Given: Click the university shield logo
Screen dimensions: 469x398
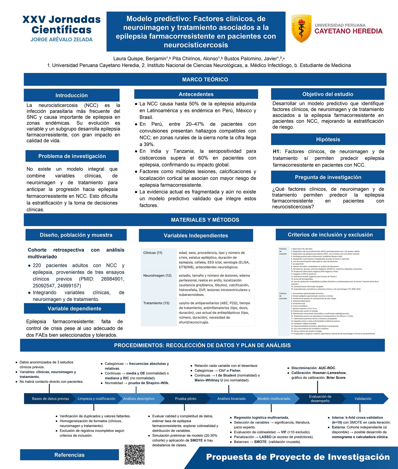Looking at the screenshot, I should pyautogui.click(x=301, y=28).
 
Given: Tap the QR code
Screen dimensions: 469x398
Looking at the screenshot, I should pyautogui.click(x=135, y=455).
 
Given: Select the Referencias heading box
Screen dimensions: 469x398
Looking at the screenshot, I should pyautogui.click(x=69, y=455).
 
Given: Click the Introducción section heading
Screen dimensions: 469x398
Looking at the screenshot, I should pyautogui.click(x=71, y=95).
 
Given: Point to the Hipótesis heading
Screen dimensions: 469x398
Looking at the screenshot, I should pyautogui.click(x=328, y=139).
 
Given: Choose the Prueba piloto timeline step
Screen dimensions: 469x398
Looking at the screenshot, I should pyautogui.click(x=185, y=399).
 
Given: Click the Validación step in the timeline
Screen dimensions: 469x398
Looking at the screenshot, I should pyautogui.click(x=363, y=399).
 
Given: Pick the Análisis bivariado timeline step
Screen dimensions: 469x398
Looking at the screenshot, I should pyautogui.click(x=231, y=399).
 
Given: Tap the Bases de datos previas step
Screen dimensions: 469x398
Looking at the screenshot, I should pyautogui.click(x=50, y=399).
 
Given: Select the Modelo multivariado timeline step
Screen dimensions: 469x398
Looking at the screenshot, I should pyautogui.click(x=274, y=399).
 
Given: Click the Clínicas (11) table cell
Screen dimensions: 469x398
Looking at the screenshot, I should pyautogui.click(x=153, y=253).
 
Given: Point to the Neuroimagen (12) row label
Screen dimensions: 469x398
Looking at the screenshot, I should pyautogui.click(x=157, y=276).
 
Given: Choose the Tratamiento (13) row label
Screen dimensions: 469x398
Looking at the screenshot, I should pyautogui.click(x=156, y=303).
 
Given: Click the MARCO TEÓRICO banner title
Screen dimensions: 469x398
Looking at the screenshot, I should pyautogui.click(x=205, y=80).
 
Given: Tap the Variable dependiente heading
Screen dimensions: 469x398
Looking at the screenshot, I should pyautogui.click(x=74, y=309).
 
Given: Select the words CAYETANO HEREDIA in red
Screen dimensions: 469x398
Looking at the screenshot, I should pyautogui.click(x=348, y=31).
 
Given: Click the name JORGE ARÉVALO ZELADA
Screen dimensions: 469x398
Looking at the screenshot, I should pyautogui.click(x=61, y=40).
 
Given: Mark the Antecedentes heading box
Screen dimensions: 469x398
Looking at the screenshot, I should pyautogui.click(x=196, y=94).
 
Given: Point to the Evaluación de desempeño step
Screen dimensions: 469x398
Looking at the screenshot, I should pyautogui.click(x=320, y=399).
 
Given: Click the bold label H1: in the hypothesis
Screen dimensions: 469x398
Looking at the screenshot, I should pyautogui.click(x=277, y=152).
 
